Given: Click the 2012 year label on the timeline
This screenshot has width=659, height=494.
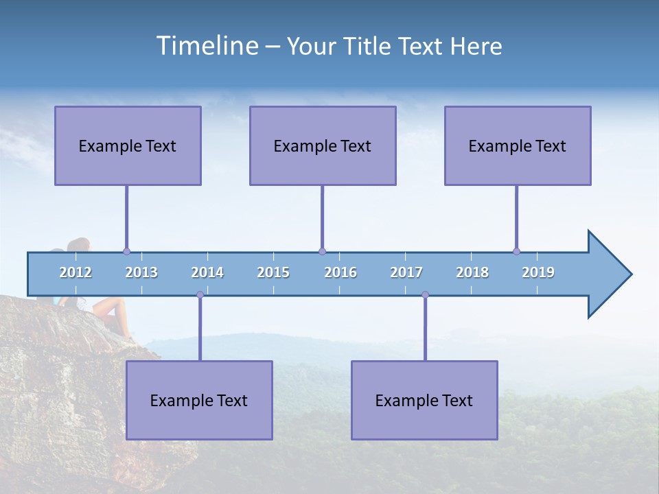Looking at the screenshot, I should [x=76, y=272].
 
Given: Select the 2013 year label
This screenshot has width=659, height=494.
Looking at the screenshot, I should [x=141, y=272].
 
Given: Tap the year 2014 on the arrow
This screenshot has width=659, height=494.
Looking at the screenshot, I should [x=207, y=272].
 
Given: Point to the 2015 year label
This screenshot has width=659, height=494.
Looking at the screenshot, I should [x=273, y=272].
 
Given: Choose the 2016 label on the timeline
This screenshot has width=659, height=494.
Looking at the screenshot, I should [x=340, y=272].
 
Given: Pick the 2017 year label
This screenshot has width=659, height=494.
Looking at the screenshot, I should [x=406, y=272].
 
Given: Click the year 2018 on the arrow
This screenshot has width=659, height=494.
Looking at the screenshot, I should [x=472, y=272].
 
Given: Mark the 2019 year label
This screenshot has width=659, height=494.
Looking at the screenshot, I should [x=538, y=272].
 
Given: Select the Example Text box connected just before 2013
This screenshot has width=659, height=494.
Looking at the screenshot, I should [x=128, y=145].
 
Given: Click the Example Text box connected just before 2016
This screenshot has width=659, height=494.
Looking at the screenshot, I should [x=323, y=145].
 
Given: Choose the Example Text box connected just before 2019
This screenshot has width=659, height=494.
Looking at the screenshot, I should [x=518, y=145].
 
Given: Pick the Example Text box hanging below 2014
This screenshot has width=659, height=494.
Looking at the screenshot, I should [x=199, y=400].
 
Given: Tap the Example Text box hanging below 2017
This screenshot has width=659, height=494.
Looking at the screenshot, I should [x=424, y=400].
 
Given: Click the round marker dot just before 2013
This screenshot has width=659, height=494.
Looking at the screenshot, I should [x=126, y=251].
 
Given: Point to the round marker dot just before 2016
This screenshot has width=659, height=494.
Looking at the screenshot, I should [x=322, y=251].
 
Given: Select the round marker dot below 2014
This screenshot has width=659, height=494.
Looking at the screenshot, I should [x=200, y=294].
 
